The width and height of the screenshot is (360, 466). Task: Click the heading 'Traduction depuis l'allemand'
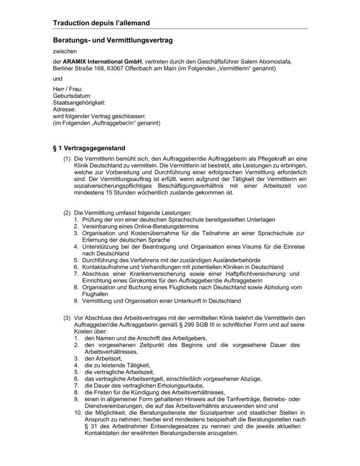pos(101,23)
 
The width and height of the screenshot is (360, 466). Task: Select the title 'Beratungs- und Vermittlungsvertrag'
pos(113,41)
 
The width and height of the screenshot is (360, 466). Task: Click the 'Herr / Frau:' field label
pos(68,89)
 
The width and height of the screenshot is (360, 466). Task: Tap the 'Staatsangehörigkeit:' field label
pos(79,103)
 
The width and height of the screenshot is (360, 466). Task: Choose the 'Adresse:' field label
pos(64,110)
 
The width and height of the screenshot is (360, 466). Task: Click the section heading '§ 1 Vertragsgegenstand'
pos(89,148)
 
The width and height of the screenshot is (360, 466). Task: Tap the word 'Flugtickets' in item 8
pos(178,287)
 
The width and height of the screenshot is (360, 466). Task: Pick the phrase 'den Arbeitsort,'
pos(103,358)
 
